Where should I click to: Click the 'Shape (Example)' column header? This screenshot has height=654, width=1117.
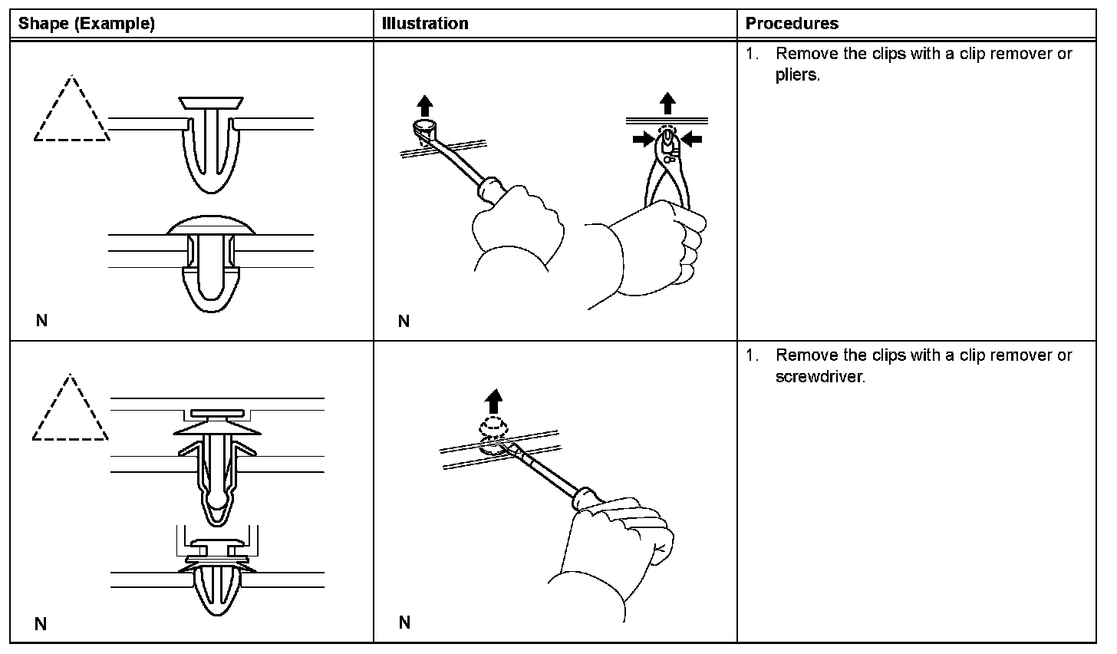87,24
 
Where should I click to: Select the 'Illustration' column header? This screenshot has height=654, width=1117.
425,24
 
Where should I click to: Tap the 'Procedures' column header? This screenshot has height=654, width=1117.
792,24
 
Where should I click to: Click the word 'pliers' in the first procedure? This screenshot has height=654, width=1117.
796,75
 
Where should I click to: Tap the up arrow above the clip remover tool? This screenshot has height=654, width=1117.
425,105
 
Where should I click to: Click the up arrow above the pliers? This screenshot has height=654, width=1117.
668,103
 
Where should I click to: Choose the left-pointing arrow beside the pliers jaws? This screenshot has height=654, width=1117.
692,138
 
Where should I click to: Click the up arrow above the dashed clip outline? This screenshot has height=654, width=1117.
494,401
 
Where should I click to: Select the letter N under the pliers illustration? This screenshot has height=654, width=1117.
404,321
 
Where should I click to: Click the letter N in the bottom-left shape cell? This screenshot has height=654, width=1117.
41,623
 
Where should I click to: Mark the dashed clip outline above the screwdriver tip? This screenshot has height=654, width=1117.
493,426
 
